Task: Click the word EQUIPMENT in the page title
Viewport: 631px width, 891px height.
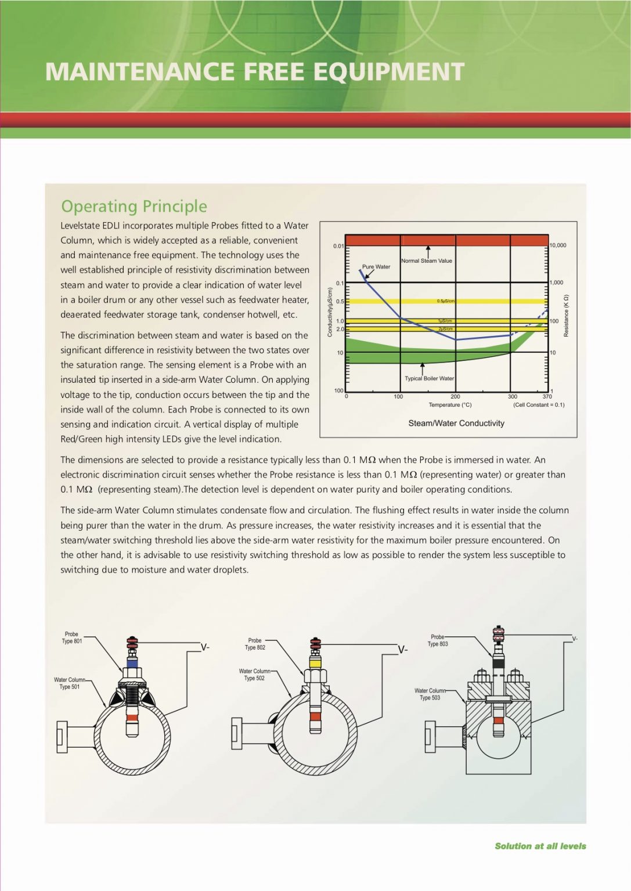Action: (389, 72)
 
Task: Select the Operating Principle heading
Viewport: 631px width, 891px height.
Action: (134, 206)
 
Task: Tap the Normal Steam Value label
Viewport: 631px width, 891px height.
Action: (427, 260)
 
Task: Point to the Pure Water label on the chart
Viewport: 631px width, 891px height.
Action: (376, 267)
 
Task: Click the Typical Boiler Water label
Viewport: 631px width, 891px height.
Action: (429, 378)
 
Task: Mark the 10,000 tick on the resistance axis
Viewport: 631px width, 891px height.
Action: (558, 245)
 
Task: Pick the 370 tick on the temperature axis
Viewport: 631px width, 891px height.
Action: (547, 397)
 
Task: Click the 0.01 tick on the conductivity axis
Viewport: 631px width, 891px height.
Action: (338, 246)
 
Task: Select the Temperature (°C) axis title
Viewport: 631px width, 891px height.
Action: (450, 405)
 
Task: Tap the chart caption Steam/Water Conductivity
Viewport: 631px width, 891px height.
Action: (456, 423)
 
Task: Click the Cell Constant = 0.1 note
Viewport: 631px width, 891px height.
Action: (539, 405)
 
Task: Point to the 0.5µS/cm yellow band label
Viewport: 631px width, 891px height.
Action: (446, 301)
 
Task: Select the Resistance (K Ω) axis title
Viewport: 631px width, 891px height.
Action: (567, 316)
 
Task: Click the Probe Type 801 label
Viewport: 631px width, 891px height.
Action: (72, 638)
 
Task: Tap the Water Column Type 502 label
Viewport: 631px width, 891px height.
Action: (254, 675)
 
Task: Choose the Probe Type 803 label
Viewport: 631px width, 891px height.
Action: (438, 640)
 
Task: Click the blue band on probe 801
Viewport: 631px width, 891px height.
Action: (132, 662)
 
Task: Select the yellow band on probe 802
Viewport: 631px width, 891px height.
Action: (315, 662)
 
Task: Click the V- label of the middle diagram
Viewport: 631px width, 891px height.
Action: (402, 650)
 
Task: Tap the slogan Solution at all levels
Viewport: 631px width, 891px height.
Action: (540, 846)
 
